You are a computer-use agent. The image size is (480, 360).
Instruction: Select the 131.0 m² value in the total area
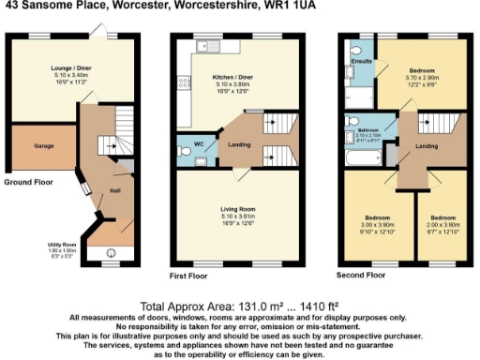tap(221, 307)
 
